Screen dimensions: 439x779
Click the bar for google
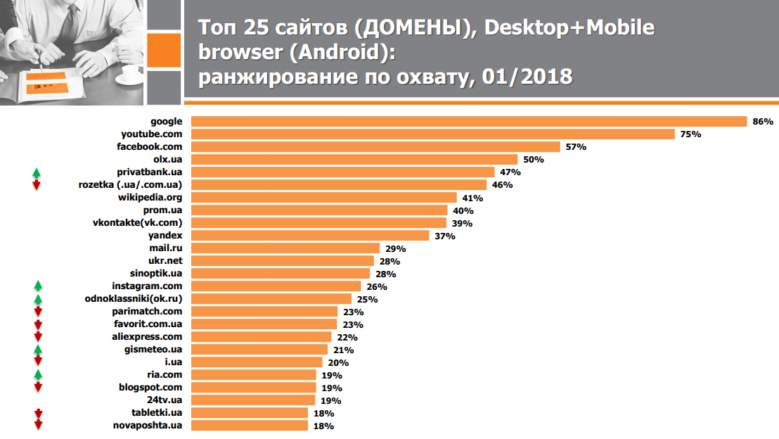(469, 122)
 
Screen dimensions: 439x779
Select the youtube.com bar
(433, 134)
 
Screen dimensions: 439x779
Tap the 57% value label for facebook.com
(576, 147)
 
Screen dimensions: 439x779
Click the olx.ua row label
(167, 160)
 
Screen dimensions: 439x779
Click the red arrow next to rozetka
(37, 185)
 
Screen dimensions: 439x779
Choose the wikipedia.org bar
(324, 198)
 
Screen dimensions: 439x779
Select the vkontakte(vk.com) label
(137, 223)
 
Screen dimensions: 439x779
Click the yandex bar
(310, 236)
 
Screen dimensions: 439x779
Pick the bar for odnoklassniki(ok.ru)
(271, 299)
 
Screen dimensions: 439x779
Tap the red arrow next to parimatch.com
(37, 312)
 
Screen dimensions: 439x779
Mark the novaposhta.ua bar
(250, 426)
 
